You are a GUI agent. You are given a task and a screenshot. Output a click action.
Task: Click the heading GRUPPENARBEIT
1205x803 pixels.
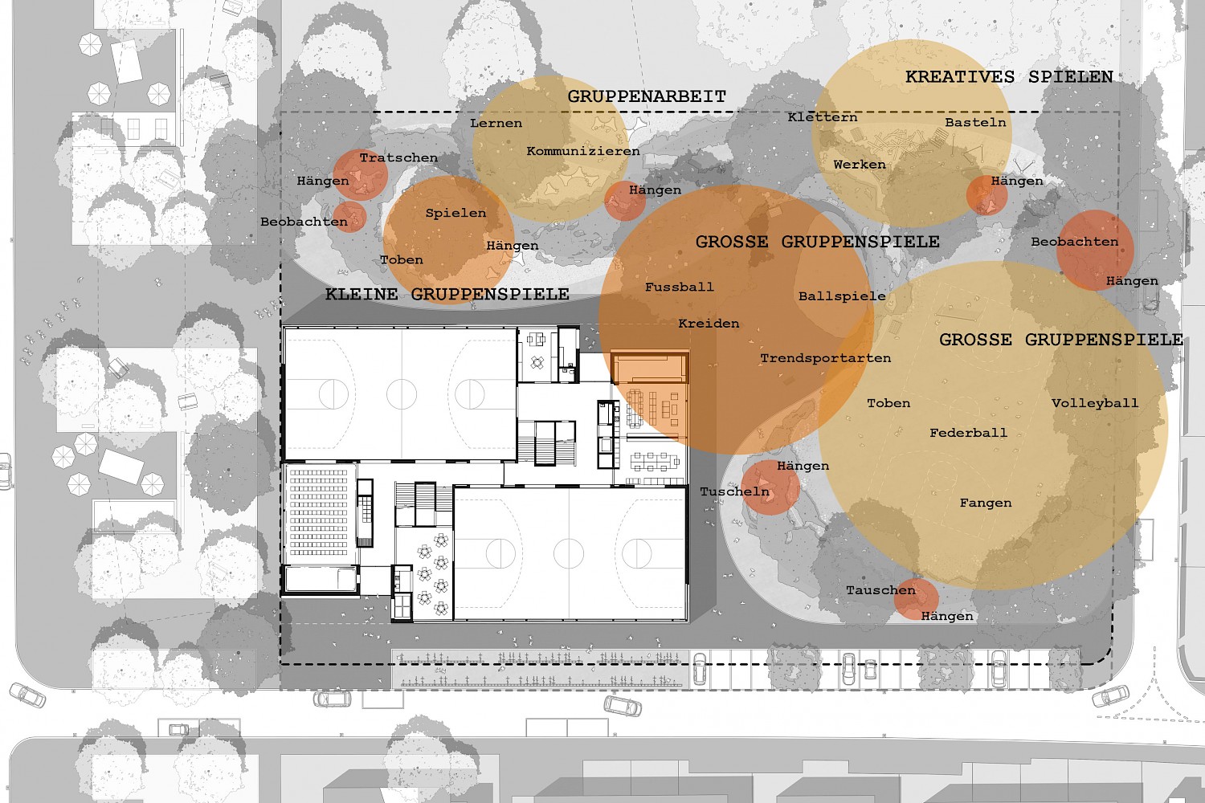(647, 97)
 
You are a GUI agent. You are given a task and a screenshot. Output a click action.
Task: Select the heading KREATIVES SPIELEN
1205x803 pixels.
(1009, 77)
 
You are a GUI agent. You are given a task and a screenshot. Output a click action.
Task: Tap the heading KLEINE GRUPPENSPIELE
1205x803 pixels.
(447, 294)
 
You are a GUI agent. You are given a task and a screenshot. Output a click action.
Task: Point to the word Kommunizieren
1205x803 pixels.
(583, 151)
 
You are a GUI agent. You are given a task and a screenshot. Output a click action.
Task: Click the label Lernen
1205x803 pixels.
(496, 123)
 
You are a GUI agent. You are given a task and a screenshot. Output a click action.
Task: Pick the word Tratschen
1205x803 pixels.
(398, 158)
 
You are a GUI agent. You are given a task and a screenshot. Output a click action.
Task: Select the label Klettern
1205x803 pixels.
(823, 117)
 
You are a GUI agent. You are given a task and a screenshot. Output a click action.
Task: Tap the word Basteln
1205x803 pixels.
(975, 123)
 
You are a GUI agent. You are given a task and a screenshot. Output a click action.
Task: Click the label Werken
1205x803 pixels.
(860, 165)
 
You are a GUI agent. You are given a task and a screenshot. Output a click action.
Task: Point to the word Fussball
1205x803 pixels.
(680, 287)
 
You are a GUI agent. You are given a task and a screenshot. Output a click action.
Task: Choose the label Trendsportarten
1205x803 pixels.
(825, 358)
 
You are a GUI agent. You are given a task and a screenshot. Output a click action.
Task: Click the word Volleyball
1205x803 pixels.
(1095, 403)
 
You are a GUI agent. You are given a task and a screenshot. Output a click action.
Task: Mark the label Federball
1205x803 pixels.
(968, 433)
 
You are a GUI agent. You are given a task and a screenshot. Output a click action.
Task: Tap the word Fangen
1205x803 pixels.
(986, 503)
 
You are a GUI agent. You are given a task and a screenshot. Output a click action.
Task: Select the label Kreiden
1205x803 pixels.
(709, 324)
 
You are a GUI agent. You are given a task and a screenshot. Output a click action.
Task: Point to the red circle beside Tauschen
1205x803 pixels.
(916, 598)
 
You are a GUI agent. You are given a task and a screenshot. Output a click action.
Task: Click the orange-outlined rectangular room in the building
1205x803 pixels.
(650, 367)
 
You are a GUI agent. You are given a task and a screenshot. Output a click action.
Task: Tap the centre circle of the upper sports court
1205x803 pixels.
(402, 393)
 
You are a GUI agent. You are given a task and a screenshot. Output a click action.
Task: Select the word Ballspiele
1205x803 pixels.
(842, 296)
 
